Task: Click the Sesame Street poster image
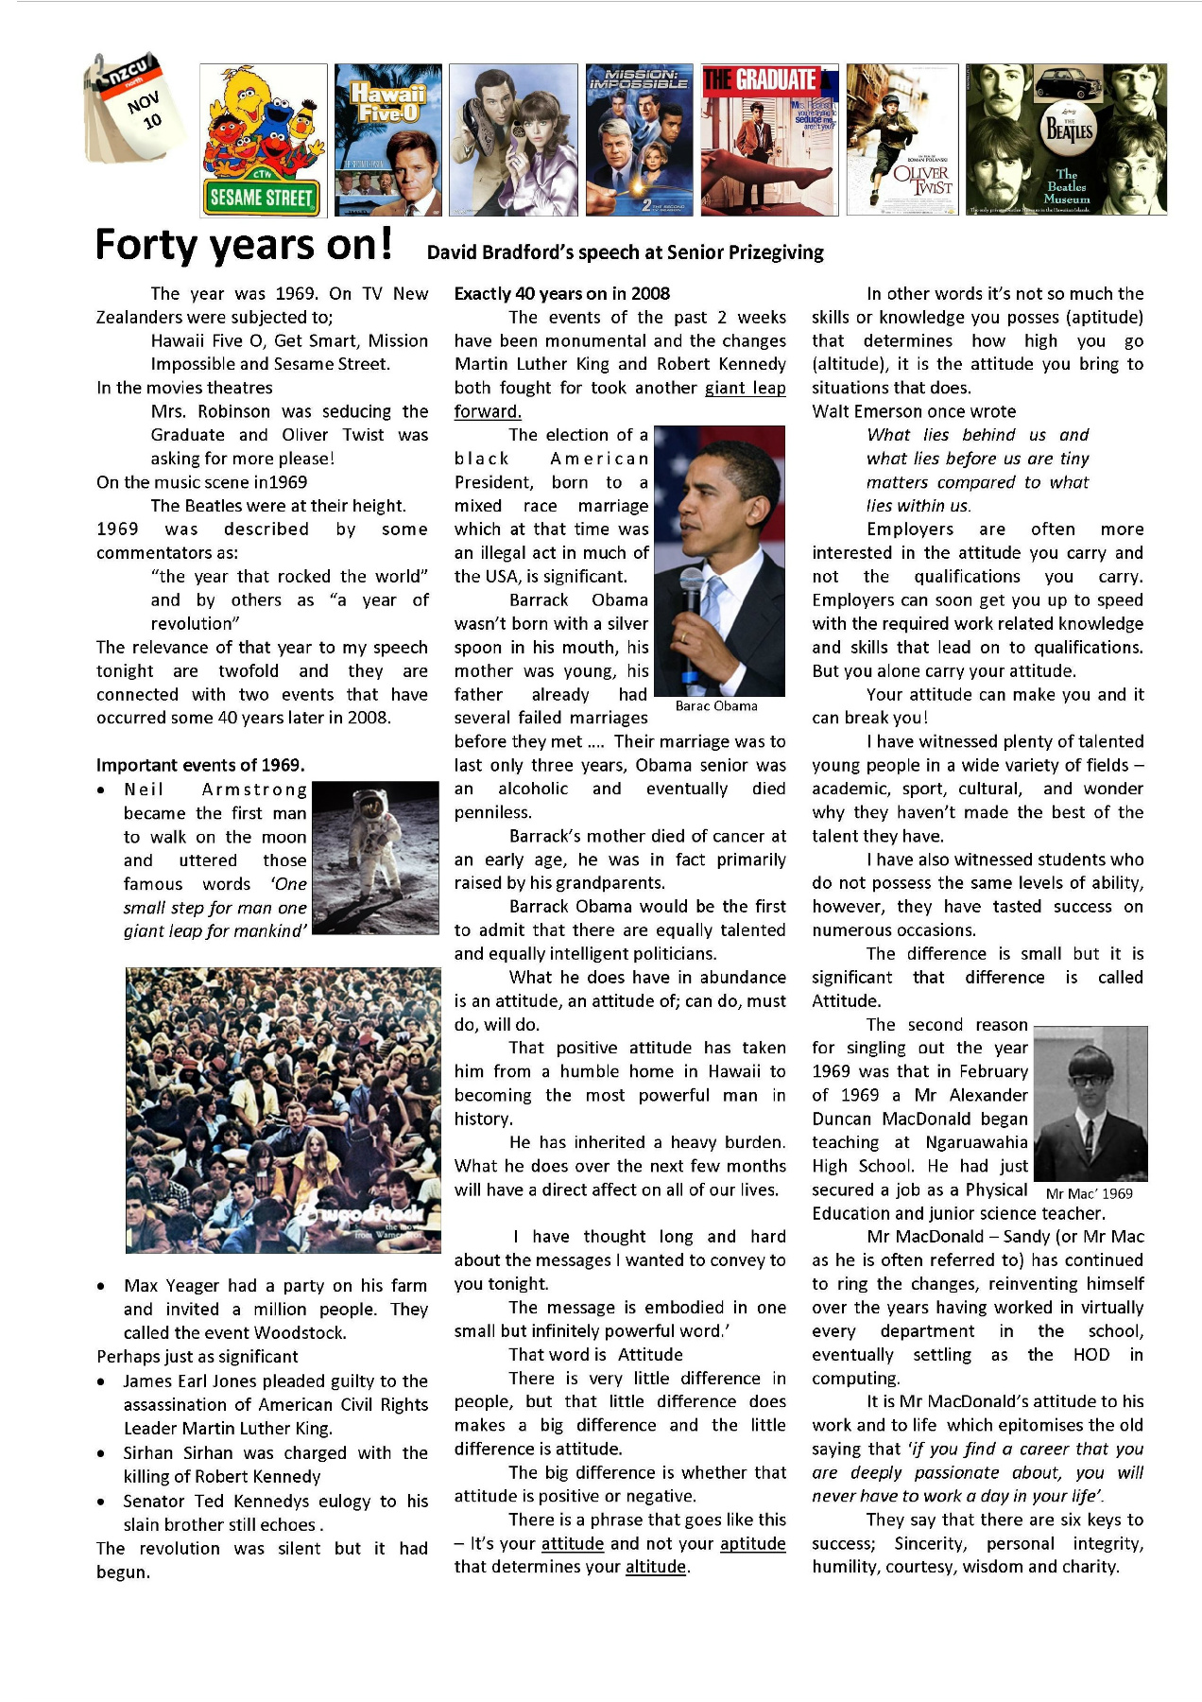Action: click(x=263, y=140)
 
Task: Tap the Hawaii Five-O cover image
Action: click(x=387, y=140)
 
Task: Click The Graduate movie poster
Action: click(x=769, y=140)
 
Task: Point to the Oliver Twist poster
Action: click(x=901, y=140)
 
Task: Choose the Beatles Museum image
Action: click(x=1066, y=140)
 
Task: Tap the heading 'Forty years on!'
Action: click(x=244, y=245)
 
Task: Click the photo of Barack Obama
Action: click(x=719, y=560)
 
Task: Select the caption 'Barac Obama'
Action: click(x=716, y=705)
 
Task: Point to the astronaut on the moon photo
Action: click(x=375, y=858)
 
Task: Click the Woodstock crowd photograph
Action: click(x=283, y=1110)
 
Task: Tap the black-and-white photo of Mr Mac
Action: click(x=1090, y=1103)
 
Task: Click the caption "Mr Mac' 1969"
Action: click(x=1089, y=1193)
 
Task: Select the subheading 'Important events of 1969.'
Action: click(x=200, y=765)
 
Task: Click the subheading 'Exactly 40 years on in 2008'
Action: click(x=561, y=294)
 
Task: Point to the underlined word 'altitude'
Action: click(x=656, y=1567)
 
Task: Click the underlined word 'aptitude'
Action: click(x=752, y=1543)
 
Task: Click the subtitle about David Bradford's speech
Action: click(x=625, y=252)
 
